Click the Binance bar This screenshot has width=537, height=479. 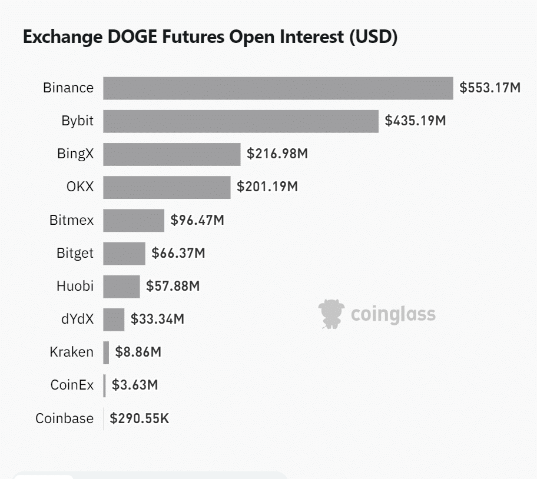[x=278, y=88]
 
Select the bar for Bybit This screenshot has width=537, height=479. [x=241, y=121]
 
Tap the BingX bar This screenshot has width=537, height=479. [x=172, y=154]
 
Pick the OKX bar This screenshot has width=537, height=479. [x=167, y=187]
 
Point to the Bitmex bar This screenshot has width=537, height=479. [x=134, y=221]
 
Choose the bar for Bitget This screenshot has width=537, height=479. [x=124, y=254]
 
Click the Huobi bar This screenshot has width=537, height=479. [x=121, y=287]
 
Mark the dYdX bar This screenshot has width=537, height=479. [x=114, y=320]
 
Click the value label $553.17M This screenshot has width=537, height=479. [x=490, y=88]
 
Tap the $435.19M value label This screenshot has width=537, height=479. [x=415, y=121]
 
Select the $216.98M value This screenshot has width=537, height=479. [x=277, y=154]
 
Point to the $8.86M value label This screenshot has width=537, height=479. [x=138, y=352]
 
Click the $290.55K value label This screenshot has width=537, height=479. [x=140, y=419]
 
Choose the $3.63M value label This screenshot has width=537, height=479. [x=135, y=385]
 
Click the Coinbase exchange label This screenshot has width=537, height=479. [x=64, y=419]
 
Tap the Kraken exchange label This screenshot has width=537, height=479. [x=71, y=352]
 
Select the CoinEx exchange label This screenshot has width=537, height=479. [x=72, y=385]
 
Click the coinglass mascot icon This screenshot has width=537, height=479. [x=330, y=314]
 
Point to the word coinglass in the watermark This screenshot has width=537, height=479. [x=393, y=314]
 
